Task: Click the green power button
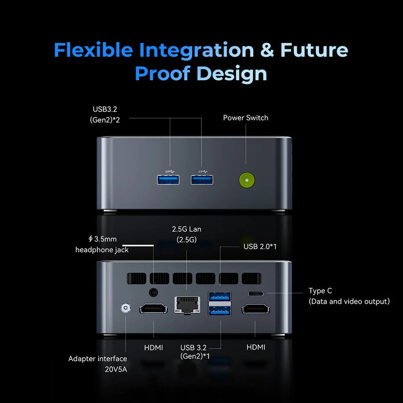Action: pyautogui.click(x=247, y=180)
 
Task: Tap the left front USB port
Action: pyautogui.click(x=168, y=180)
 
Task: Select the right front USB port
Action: pyautogui.click(x=202, y=180)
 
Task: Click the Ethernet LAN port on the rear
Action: pyautogui.click(x=187, y=305)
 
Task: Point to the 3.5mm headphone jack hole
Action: pyautogui.click(x=154, y=292)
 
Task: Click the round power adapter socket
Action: pyautogui.click(x=125, y=308)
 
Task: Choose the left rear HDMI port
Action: pyautogui.click(x=154, y=308)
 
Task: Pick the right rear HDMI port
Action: pyautogui.click(x=255, y=308)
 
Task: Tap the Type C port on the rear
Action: pyautogui.click(x=256, y=293)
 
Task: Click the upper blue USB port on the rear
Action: pyautogui.click(x=220, y=297)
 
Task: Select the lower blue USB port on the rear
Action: pyautogui.click(x=220, y=311)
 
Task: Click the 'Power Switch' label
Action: pyautogui.click(x=245, y=118)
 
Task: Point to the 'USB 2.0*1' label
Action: pyautogui.click(x=260, y=246)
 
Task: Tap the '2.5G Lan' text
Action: pyautogui.click(x=186, y=229)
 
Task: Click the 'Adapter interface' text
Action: pyautogui.click(x=98, y=359)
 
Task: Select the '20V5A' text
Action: pyautogui.click(x=116, y=369)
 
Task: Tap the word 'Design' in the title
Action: pyautogui.click(x=232, y=74)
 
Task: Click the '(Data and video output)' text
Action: pyautogui.click(x=349, y=301)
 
